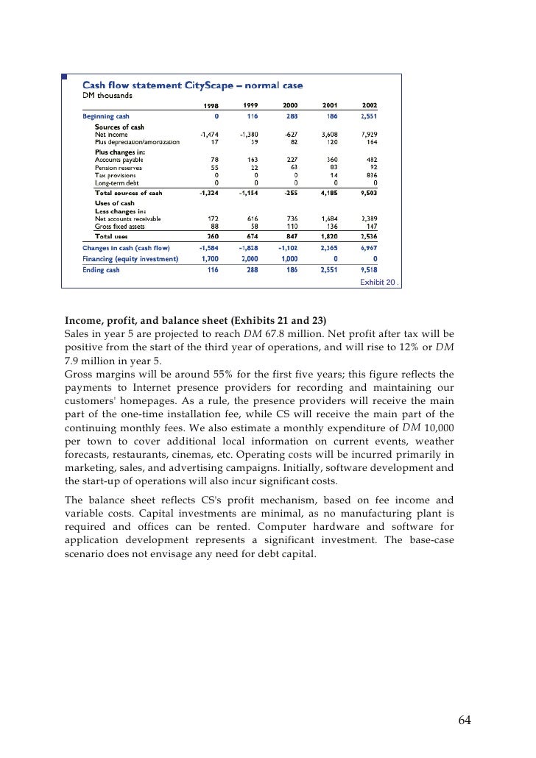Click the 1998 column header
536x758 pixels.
[211, 105]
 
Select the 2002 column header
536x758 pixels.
[370, 105]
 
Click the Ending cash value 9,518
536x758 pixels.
[368, 270]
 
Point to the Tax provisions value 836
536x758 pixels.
[370, 175]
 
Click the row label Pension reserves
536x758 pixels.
[119, 168]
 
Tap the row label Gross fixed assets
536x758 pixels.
[121, 227]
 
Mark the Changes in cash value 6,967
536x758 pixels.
[368, 249]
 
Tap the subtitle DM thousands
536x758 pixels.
[107, 96]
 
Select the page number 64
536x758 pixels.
[463, 720]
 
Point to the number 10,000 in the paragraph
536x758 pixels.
[439, 428]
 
